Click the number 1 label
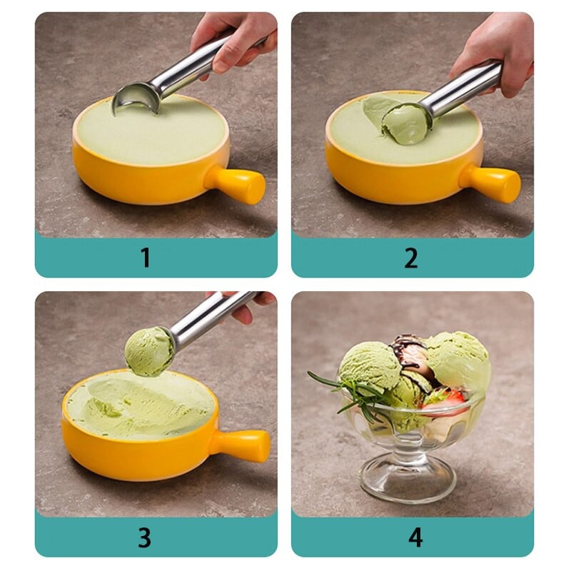(146, 258)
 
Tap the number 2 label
(411, 258)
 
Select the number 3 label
(145, 537)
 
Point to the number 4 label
(415, 537)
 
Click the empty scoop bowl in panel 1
(136, 98)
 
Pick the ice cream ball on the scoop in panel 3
(149, 351)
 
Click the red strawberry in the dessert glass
(444, 400)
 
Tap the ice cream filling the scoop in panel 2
(406, 126)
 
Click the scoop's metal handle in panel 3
(211, 318)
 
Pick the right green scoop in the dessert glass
(460, 360)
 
